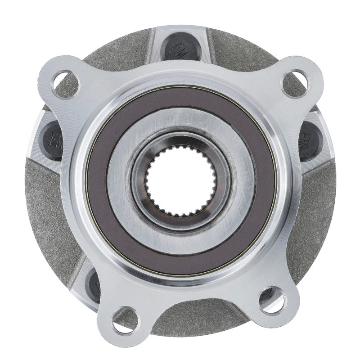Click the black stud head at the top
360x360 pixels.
(x=181, y=49)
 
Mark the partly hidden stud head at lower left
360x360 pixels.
(x=95, y=283)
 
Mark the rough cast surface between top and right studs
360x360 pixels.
(x=252, y=54)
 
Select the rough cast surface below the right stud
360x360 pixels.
(x=315, y=211)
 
